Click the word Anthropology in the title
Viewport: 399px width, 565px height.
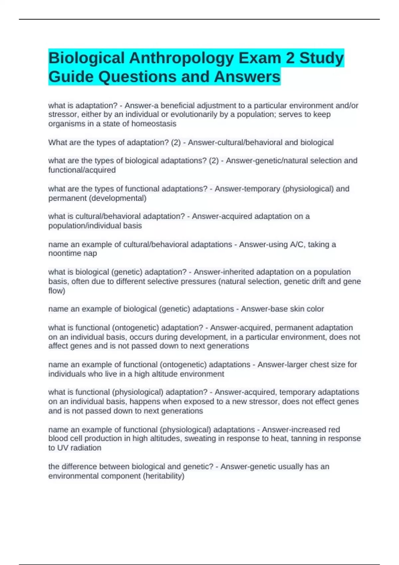click(x=182, y=58)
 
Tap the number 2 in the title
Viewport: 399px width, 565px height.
click(x=290, y=58)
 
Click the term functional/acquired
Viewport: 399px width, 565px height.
click(x=82, y=170)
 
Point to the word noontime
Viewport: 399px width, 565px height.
click(x=65, y=253)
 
